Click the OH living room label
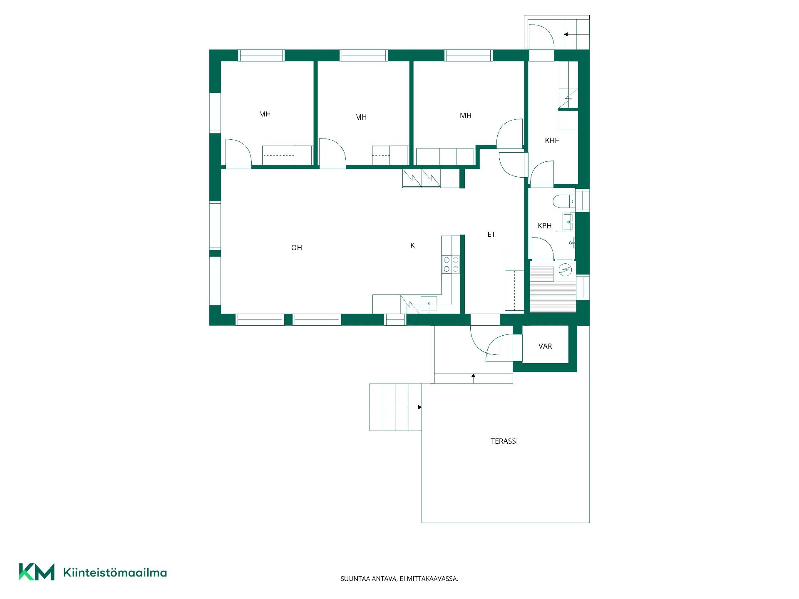[x=296, y=248]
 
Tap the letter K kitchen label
[x=412, y=245]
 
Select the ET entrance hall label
[x=491, y=234]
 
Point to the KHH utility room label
[x=552, y=141]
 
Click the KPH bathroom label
[x=545, y=226]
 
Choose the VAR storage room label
[x=545, y=346]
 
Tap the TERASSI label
[x=504, y=441]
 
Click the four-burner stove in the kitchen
[x=451, y=265]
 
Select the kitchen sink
[x=429, y=304]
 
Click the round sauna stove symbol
[x=565, y=270]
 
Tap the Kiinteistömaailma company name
[x=115, y=573]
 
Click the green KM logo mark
[x=37, y=572]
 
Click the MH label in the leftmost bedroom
[x=265, y=114]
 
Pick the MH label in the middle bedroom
[x=361, y=117]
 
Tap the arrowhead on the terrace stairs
[x=420, y=407]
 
